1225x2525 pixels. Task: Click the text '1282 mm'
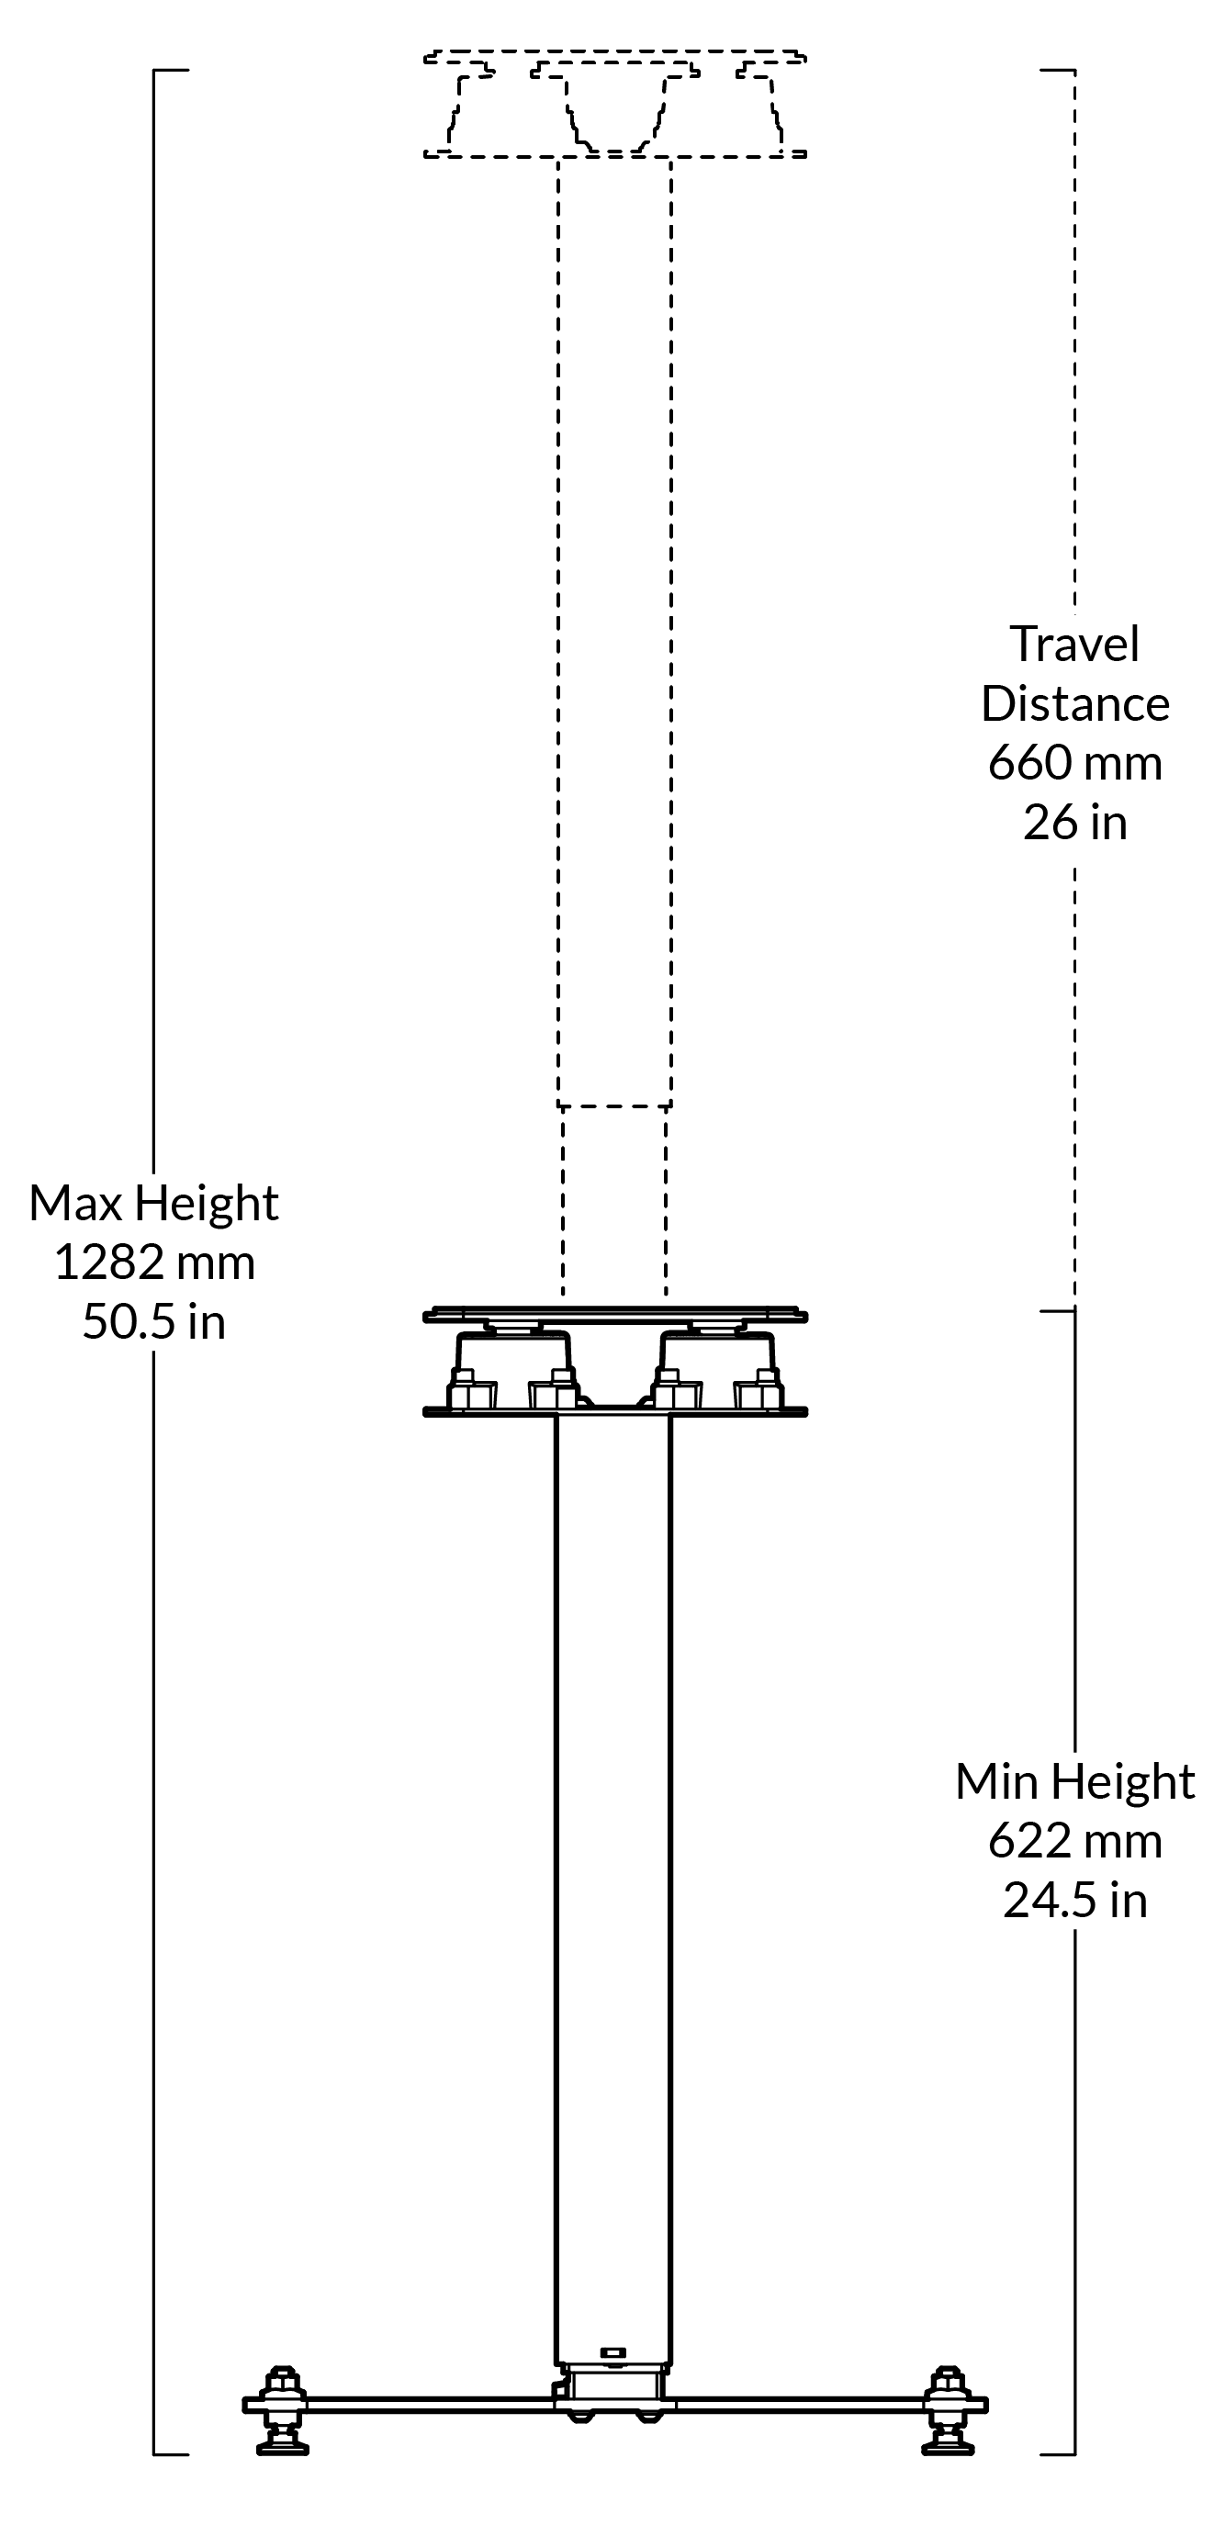tap(154, 1262)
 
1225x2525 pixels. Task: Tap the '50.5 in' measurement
tap(154, 1321)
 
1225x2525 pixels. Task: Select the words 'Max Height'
tap(154, 1203)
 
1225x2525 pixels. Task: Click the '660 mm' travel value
tap(1074, 763)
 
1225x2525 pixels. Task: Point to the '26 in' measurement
tap(1074, 823)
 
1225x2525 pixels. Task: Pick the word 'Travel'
tap(1074, 644)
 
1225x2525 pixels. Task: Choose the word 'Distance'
tap(1074, 703)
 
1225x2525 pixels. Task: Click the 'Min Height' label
tap(1074, 1782)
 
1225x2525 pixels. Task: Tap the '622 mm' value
tap(1074, 1841)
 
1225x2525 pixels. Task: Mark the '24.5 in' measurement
tap(1074, 1901)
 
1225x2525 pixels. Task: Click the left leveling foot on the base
tap(282, 2410)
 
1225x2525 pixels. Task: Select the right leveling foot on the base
tap(948, 2410)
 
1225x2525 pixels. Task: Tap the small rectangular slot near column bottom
tap(612, 2352)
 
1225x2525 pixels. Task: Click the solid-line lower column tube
tap(612, 1862)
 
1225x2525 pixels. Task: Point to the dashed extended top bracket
tap(614, 103)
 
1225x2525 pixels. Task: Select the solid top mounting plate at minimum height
tap(614, 1315)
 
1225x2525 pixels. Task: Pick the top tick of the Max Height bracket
tap(171, 71)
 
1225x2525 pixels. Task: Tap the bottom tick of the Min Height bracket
tap(1058, 2454)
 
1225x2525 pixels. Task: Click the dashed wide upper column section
tap(614, 627)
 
